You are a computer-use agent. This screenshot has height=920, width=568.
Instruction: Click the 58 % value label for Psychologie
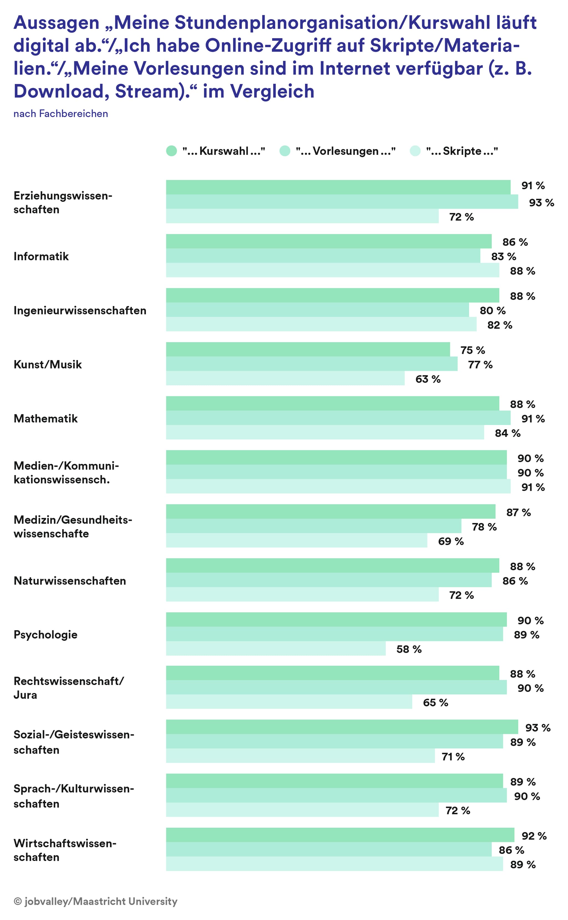coord(409,649)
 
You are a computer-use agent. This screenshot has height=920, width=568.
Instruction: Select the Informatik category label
coord(41,256)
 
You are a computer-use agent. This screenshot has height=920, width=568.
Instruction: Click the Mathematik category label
coord(45,418)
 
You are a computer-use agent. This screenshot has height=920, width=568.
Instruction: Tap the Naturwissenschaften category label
coord(70,581)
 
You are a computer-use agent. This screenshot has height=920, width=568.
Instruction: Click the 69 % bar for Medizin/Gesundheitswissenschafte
coord(297,540)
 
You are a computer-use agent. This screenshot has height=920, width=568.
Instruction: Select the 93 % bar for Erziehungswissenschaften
coord(342,202)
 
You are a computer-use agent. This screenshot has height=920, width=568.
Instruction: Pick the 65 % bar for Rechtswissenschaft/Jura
coord(289,702)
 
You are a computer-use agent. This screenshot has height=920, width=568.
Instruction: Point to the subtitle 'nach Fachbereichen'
coord(61,113)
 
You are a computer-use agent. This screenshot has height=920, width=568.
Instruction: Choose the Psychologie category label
coord(45,635)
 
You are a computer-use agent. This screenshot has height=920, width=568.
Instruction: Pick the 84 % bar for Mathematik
coord(325,433)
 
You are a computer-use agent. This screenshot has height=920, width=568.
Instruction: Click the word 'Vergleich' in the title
coord(272,91)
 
